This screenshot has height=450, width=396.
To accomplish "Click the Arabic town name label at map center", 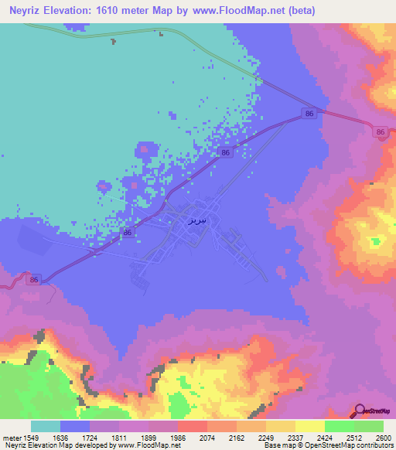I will coord(196,220).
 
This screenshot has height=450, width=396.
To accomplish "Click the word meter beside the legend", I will coord(11,437).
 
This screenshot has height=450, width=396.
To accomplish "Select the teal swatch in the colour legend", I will coord(46,426).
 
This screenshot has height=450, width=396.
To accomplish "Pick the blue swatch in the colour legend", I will coord(75,426).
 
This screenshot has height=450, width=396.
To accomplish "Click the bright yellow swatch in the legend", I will coord(309,426).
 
